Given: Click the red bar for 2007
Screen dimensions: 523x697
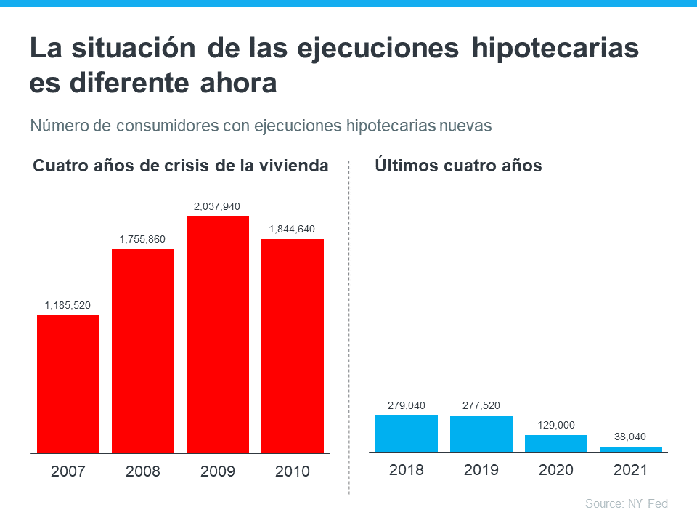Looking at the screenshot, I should coord(68,384).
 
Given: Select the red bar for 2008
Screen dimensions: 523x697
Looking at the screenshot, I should coord(143,351).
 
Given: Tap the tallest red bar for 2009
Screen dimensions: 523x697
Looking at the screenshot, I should coord(218,334).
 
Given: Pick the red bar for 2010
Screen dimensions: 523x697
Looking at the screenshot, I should coord(293,346).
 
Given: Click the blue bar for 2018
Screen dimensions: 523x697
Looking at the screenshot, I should coord(407,434).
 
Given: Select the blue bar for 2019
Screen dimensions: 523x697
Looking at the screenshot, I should coord(481,434).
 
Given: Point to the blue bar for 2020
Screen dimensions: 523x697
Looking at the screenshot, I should coord(556,444).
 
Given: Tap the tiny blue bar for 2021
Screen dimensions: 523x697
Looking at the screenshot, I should coord(631,450).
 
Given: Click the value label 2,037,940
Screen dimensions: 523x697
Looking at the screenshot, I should coord(217,207).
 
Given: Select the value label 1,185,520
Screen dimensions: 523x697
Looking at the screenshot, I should coord(68,305).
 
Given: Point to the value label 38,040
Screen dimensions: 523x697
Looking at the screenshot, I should coord(631,437).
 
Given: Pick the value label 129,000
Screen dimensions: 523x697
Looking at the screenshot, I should coord(555,425).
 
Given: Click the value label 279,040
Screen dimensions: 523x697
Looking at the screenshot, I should coord(406,405).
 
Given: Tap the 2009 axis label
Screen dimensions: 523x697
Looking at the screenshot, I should coord(218,471).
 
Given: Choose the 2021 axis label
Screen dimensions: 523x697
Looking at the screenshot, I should coord(631,469).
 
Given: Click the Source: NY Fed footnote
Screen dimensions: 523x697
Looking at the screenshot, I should coord(626,503).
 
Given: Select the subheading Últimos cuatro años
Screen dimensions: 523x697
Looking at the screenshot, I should coord(458,166).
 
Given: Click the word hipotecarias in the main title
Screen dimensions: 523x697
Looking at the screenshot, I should coord(555,49).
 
